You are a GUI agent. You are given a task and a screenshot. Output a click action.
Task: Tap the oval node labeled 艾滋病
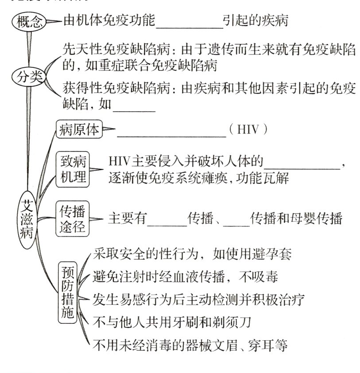pos(29,218)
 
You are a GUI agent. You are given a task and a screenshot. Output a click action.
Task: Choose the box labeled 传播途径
pos(74,219)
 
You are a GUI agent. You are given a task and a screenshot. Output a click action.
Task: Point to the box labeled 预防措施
pos(68,292)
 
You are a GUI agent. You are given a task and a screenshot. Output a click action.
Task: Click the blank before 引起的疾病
pos(190,22)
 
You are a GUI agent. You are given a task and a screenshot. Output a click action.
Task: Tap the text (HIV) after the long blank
pos(248,130)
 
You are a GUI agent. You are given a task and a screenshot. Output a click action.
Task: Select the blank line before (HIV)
pos(171,131)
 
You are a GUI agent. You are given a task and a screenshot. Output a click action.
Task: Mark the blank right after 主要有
pos(167,219)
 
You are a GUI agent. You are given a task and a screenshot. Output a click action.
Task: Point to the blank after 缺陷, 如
pos(135,106)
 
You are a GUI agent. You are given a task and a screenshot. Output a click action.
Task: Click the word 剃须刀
pos(232,321)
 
